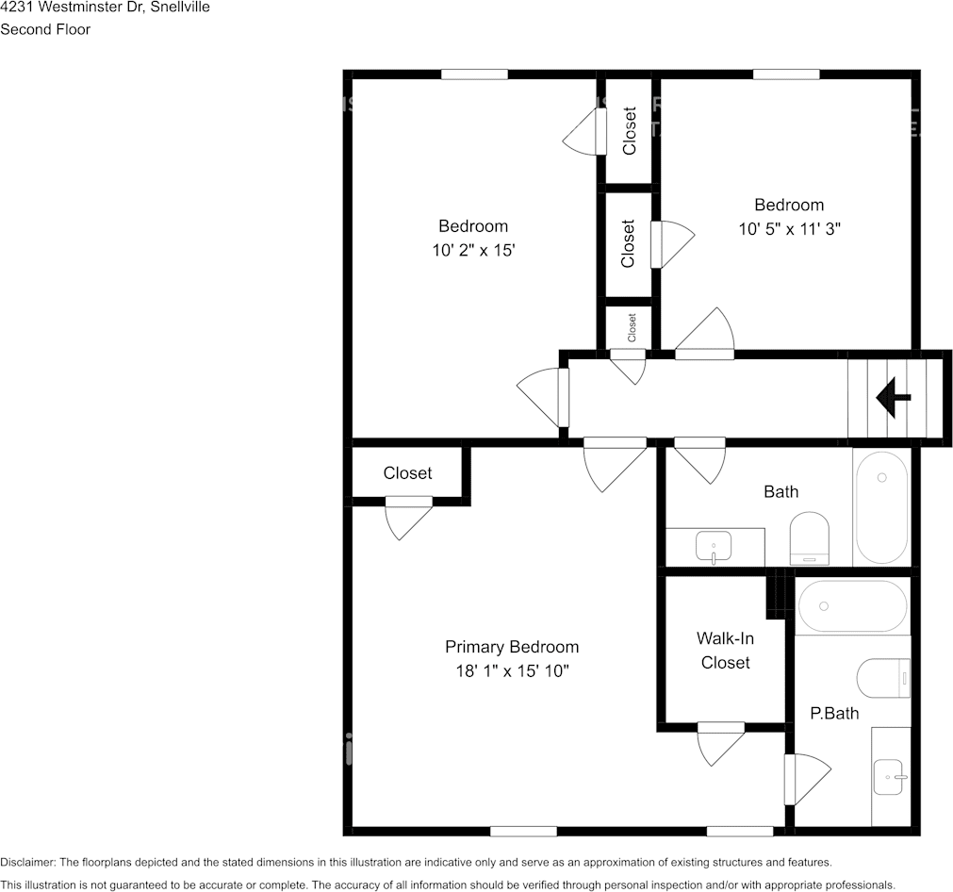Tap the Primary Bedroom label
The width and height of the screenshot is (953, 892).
point(512,647)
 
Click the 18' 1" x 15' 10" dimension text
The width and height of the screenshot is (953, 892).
point(513,670)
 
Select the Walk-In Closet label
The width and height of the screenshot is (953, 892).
point(725,651)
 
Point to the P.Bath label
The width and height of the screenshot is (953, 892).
point(834,713)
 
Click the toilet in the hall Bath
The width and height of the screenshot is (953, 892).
point(810,538)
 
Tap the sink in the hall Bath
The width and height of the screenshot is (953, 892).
point(714,547)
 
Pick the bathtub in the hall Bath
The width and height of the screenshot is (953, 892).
point(881,507)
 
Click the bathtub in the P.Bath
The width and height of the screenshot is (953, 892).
point(853,606)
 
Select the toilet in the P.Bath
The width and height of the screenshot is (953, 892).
point(883,678)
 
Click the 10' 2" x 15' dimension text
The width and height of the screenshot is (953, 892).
point(473,250)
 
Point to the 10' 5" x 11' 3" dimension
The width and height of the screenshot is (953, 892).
point(790,228)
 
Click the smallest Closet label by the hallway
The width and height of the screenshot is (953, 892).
point(632,328)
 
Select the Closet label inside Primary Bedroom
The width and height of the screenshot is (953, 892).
point(407,473)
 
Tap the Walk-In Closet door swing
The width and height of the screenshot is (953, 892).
point(721,744)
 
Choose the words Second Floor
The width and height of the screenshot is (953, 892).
point(45,29)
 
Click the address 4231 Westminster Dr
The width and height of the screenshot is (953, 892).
point(71,8)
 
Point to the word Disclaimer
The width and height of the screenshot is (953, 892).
point(27,862)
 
